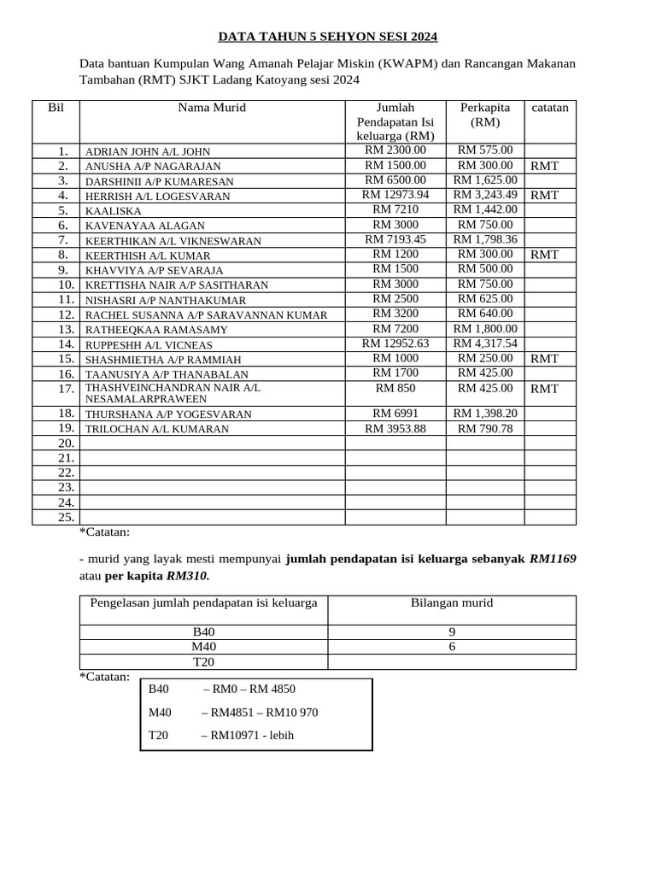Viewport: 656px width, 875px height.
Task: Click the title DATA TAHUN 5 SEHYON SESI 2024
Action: click(327, 37)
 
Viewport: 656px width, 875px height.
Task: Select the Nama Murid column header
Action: click(212, 108)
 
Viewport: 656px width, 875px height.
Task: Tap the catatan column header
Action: click(549, 108)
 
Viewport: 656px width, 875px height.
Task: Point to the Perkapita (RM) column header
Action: click(485, 115)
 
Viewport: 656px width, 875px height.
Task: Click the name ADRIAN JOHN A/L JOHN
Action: click(147, 151)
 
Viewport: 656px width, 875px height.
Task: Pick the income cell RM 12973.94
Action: click(395, 195)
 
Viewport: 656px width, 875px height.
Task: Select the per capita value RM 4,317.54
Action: click(485, 344)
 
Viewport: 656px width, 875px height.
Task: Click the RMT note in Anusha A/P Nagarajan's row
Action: click(544, 166)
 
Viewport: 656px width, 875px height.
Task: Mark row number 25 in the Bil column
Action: click(67, 517)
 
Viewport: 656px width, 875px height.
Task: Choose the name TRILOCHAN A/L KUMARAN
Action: click(157, 429)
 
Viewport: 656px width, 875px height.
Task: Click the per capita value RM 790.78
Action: click(485, 428)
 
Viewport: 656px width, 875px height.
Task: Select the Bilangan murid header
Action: click(452, 603)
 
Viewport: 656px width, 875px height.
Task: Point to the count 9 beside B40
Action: click(452, 631)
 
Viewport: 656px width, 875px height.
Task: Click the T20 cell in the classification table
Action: click(203, 661)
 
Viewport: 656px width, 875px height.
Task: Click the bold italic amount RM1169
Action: click(553, 559)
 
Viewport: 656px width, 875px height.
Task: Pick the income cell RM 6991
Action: click(395, 414)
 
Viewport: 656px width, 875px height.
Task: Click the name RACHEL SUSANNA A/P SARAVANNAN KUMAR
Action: click(206, 315)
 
